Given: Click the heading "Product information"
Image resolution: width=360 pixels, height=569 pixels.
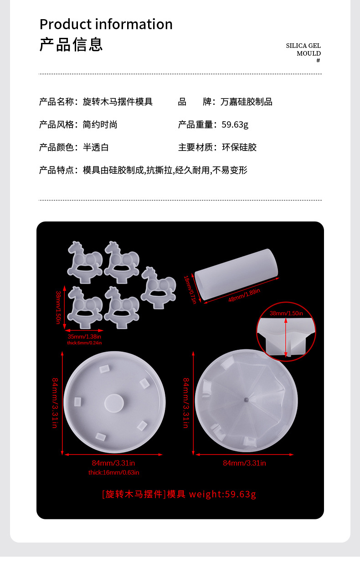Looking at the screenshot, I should pos(106,24).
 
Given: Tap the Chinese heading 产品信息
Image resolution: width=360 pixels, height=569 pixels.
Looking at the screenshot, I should pos(71,44).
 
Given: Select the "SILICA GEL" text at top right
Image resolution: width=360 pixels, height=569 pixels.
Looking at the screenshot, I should pos(303,46).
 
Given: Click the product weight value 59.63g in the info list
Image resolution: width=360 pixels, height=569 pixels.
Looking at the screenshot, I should pos(235,124).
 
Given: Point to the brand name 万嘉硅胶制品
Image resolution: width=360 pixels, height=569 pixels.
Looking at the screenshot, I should pos(246,102).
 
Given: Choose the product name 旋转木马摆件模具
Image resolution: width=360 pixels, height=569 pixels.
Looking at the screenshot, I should pos(118,102).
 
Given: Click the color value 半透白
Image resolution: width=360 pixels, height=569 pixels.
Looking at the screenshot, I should pos(96,147).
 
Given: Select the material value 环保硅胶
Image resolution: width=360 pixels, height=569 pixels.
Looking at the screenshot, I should pos(239,147).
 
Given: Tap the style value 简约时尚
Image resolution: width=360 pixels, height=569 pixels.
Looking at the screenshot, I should pos(100,124).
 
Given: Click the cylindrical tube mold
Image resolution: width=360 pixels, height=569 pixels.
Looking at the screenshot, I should pos(236,274).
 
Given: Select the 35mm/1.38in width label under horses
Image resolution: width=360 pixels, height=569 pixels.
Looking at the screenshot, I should pos(85,336).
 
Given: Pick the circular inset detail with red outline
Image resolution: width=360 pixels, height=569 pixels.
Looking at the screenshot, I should pos(286,331).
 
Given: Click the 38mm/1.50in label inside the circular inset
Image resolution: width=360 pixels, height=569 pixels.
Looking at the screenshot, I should pos(286,313).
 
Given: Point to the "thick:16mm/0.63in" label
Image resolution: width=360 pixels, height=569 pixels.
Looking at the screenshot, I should pos(114,473).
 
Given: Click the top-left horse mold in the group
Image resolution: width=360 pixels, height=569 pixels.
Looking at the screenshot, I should pos(84,258).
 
